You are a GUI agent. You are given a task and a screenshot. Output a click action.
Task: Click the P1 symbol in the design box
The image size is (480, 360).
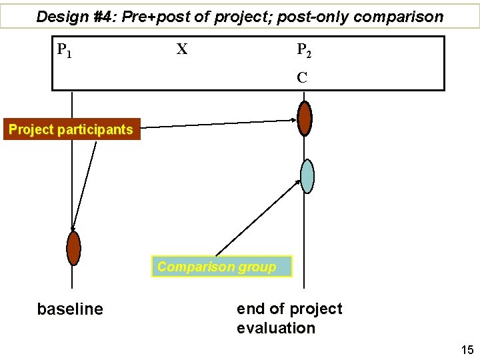[64, 50]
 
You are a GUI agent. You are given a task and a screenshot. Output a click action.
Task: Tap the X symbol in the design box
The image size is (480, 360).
[181, 49]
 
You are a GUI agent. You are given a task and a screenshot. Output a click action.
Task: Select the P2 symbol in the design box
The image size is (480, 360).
[303, 50]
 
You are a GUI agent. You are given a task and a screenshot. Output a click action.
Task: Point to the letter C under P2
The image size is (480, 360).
[302, 77]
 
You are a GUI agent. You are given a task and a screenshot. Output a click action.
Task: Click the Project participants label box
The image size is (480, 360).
[71, 129]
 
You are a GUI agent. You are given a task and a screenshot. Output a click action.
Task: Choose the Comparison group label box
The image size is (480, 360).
[221, 267]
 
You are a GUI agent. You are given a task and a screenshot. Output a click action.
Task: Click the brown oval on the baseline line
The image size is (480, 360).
[73, 248]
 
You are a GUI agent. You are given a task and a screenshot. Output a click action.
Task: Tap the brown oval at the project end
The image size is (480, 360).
[305, 119]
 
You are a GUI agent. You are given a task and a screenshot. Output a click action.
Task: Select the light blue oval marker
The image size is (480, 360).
[307, 176]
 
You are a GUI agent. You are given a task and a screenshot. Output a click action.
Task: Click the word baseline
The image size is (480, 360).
[70, 309]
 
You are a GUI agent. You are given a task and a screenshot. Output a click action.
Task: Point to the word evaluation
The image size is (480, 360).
[276, 328]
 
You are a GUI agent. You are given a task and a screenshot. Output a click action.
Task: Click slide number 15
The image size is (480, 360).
[465, 349]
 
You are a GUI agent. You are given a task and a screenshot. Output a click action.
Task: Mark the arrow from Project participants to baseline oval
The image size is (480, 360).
[85, 183]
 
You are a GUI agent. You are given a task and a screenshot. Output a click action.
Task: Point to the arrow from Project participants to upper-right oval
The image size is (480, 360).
[220, 123]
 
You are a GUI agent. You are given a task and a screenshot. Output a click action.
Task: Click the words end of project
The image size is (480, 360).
[289, 309]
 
